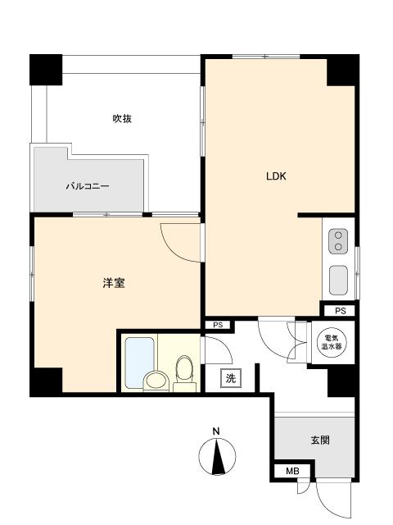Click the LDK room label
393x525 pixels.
275,176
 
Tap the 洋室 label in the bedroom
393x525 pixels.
114,284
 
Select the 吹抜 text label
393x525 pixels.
122,118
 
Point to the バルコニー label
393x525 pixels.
88,186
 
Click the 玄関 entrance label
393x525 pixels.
320,440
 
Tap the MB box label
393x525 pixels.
291,472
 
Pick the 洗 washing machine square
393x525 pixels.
231,378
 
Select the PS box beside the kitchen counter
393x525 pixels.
340,311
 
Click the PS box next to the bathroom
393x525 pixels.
218,325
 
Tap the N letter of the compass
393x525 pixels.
216,431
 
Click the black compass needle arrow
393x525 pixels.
218,459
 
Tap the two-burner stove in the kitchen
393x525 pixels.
338,242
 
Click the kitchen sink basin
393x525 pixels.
338,280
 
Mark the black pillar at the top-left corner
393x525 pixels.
47,69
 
